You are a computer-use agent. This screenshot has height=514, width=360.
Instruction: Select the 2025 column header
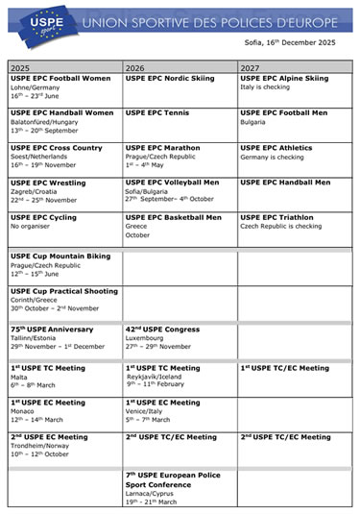20,68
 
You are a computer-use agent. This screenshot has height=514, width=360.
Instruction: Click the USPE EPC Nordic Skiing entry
170,78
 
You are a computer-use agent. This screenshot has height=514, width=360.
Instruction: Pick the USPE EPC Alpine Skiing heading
283,78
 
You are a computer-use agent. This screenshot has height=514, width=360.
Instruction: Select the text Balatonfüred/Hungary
44,122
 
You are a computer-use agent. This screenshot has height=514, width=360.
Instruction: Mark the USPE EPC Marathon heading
162,148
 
